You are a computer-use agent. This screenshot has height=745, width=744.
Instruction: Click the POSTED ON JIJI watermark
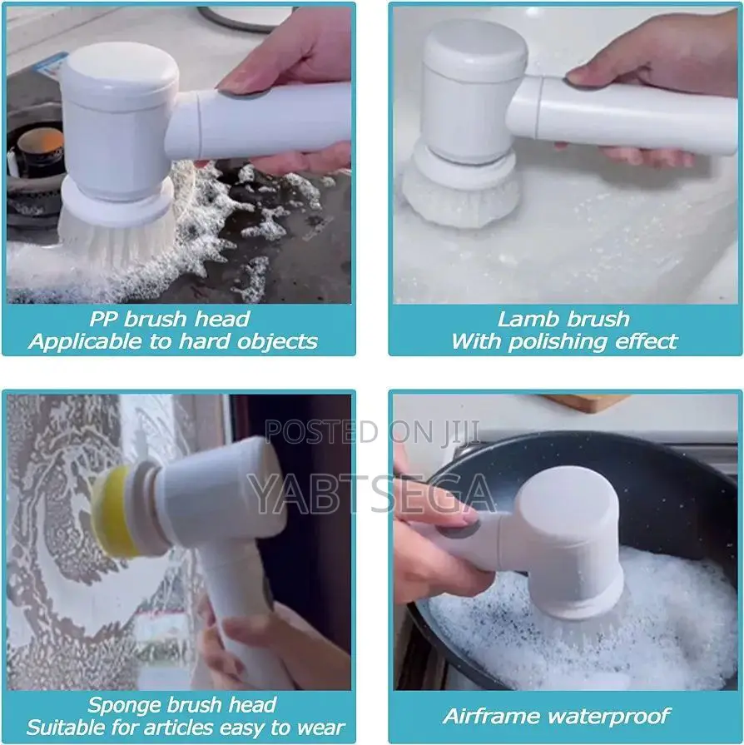(373, 432)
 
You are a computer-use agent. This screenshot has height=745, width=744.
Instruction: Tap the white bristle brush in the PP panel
(117, 233)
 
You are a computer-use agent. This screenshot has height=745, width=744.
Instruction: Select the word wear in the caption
(307, 728)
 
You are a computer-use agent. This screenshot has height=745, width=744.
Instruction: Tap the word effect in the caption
(647, 341)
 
